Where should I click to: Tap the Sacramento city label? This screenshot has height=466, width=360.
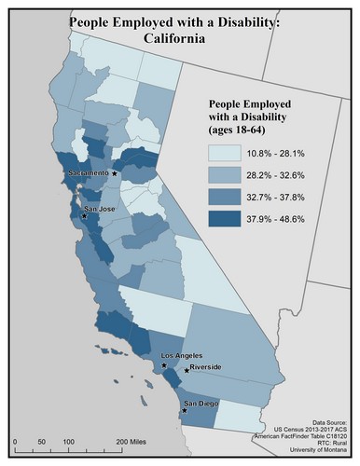[88, 173]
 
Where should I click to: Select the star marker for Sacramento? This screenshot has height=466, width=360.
[115, 173]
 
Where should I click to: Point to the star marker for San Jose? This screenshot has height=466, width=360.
[85, 216]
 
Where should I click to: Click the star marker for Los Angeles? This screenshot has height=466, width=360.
[165, 365]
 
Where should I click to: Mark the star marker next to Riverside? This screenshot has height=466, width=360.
[187, 370]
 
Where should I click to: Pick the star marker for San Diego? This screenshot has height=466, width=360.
[185, 410]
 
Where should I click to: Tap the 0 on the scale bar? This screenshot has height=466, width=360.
[17, 438]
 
